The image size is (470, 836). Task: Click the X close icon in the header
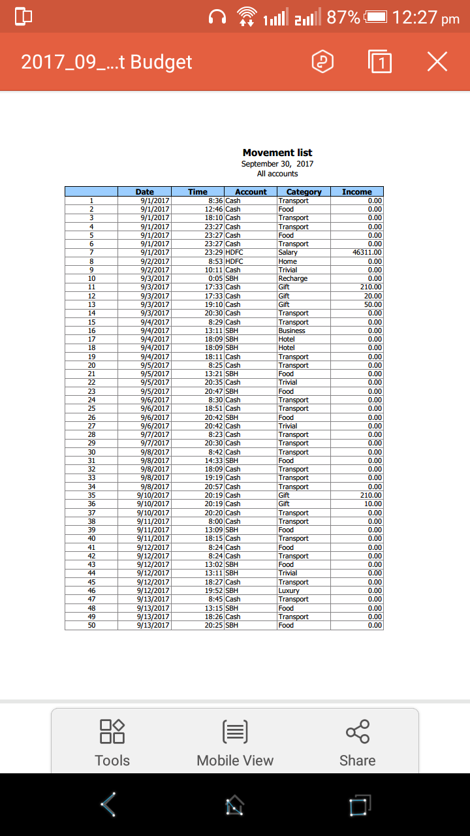[437, 62]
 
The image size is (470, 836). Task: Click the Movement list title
[277, 153]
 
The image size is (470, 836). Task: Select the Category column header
[304, 192]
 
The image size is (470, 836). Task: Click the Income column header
[357, 192]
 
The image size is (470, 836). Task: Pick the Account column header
[251, 192]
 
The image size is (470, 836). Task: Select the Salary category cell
[288, 252]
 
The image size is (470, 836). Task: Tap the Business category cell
[292, 330]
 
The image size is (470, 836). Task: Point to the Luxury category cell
[289, 590]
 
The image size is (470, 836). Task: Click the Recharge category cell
[293, 278]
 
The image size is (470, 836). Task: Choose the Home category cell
[288, 261]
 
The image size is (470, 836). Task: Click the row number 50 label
[91, 625]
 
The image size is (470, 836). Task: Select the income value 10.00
[373, 504]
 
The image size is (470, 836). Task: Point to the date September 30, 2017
[277, 164]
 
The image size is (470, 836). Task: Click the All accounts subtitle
[277, 174]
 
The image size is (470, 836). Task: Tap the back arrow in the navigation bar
[109, 805]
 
